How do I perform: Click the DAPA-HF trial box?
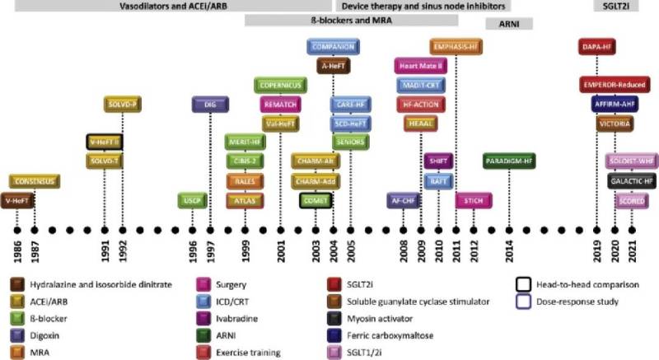[x=599, y=47]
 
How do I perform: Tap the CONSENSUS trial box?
[x=34, y=181]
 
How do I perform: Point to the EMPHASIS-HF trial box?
[x=456, y=47]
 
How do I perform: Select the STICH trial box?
[x=474, y=201]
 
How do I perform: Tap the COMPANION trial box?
[x=333, y=47]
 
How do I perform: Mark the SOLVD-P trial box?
[x=123, y=105]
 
